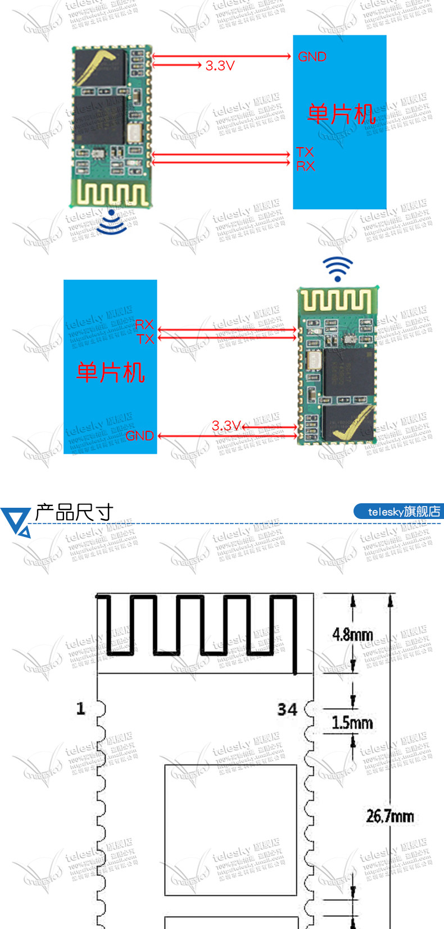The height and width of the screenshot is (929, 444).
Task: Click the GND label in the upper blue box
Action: point(312,57)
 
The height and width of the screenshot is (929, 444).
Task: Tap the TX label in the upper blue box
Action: point(305,152)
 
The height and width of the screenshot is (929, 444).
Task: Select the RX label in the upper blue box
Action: point(306,166)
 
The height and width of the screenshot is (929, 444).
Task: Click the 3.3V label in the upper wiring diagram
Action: point(220,66)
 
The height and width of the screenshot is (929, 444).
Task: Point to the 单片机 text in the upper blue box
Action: point(341,114)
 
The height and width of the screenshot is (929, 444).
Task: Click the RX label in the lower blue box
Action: point(144,325)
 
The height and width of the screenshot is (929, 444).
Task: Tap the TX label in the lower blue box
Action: point(145,339)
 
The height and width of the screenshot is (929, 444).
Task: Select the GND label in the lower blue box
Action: point(139,435)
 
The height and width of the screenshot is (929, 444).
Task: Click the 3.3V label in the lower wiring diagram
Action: point(226,426)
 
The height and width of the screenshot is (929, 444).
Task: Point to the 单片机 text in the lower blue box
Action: point(111,372)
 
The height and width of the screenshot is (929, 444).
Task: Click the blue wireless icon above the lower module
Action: point(337,269)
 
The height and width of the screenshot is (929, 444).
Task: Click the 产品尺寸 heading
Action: point(74,512)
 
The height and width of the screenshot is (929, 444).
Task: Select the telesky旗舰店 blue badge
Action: point(398,512)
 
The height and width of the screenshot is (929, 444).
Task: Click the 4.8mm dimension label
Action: point(352,635)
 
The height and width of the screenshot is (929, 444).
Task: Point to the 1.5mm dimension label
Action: point(352,722)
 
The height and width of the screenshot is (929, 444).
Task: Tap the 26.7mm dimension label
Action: point(389,816)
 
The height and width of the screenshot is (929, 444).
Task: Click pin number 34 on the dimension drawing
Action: point(287,709)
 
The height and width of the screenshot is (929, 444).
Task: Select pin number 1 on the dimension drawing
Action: point(81,708)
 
